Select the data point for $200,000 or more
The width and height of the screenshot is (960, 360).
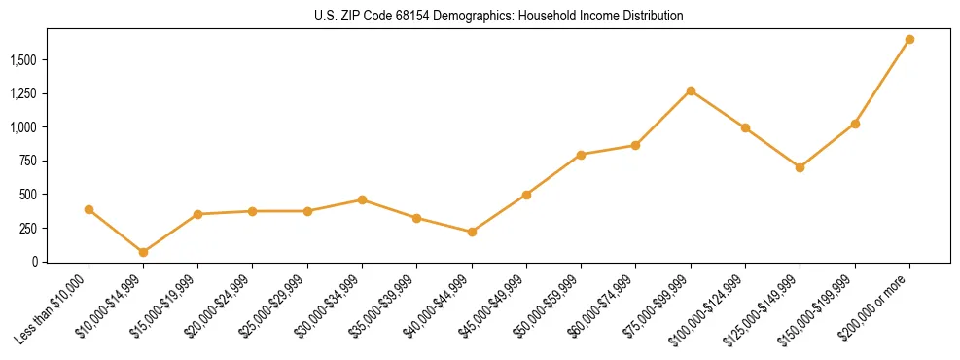click(x=909, y=40)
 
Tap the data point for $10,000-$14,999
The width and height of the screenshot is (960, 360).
click(x=143, y=252)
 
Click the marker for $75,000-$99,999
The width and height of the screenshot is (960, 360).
click(x=691, y=91)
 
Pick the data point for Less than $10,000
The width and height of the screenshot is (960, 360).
click(x=89, y=209)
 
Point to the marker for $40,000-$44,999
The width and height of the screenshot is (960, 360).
click(x=472, y=232)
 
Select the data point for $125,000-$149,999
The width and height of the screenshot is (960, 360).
click(x=800, y=167)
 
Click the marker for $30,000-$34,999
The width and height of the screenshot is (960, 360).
click(x=362, y=199)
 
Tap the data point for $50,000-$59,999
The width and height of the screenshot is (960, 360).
click(x=581, y=155)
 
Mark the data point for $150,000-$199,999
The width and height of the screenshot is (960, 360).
click(x=855, y=124)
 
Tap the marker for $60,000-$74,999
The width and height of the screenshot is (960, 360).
click(x=635, y=145)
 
